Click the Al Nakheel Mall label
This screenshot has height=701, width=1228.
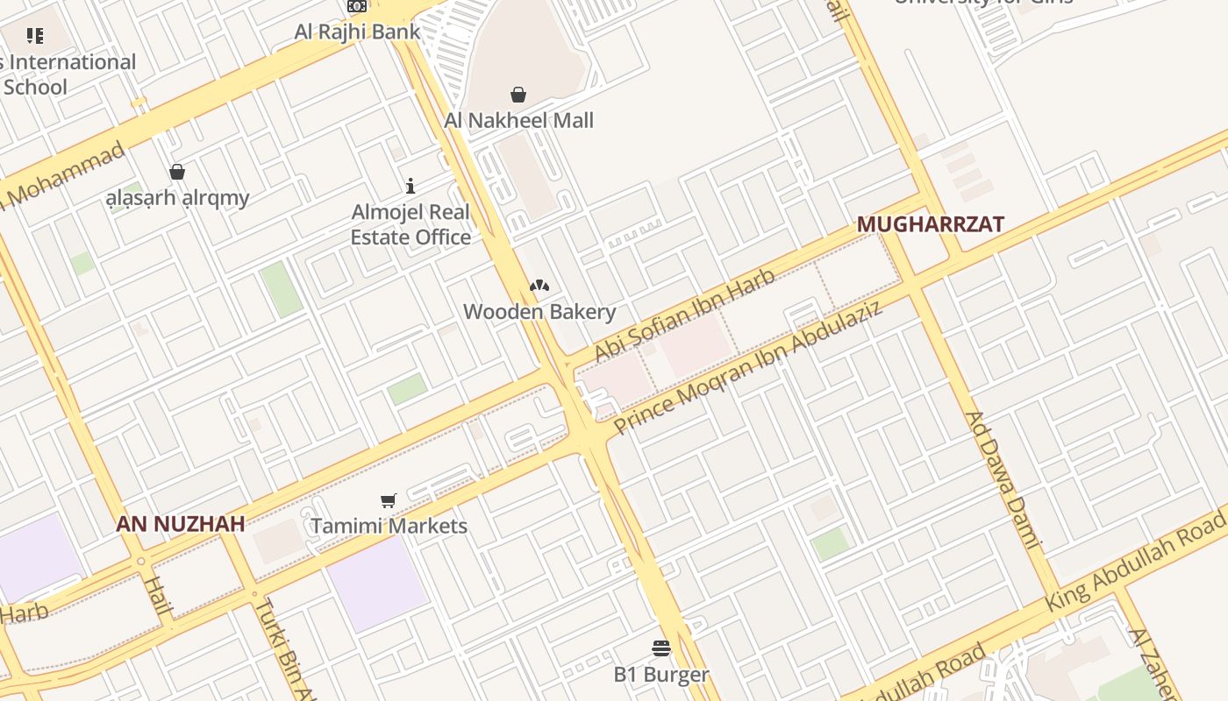coord(518,120)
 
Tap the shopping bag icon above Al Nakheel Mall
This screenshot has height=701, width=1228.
coord(518,94)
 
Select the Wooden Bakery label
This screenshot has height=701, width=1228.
coord(539,311)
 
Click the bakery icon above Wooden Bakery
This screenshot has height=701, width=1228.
coord(539,286)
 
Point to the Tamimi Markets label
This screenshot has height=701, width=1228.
coord(389,526)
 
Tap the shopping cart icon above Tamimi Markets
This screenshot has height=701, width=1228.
coord(389,500)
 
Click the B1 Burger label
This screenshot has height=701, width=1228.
coord(660,674)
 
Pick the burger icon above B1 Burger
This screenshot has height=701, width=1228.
coord(661,648)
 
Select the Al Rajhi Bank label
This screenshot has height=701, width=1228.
coord(357,32)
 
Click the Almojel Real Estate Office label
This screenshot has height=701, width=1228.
coord(411,224)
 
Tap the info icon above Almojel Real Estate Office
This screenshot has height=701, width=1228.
coord(410,186)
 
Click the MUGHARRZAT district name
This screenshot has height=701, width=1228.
coord(930,224)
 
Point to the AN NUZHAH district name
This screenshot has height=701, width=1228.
coord(181,524)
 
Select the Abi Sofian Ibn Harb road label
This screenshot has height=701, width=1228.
coord(684,315)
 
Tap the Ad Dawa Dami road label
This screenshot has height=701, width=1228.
coord(1002,479)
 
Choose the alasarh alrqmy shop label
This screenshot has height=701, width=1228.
coord(177,198)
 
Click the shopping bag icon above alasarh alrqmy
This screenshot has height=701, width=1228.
coord(177,171)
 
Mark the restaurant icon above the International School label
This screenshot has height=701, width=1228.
coord(35,36)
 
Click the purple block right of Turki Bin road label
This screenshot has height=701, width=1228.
coord(377,583)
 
